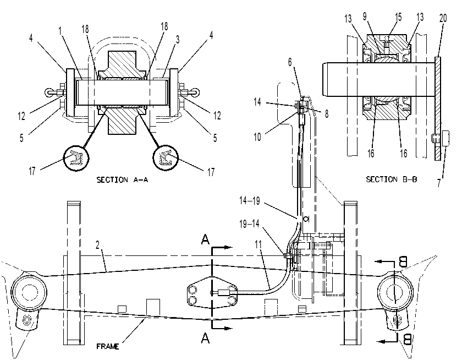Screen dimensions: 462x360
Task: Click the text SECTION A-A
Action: (x=122, y=179)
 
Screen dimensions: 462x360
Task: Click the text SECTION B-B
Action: (x=391, y=179)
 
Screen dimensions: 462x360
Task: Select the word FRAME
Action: (x=108, y=346)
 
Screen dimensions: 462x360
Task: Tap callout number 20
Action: (x=443, y=18)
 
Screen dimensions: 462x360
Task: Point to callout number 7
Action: (x=439, y=183)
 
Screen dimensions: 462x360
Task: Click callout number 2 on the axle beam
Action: (x=97, y=245)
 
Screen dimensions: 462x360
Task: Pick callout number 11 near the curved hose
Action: (x=258, y=244)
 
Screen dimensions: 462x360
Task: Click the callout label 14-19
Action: (x=250, y=201)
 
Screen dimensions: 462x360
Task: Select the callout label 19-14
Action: (x=249, y=224)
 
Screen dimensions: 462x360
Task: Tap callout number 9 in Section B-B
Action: (x=365, y=17)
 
